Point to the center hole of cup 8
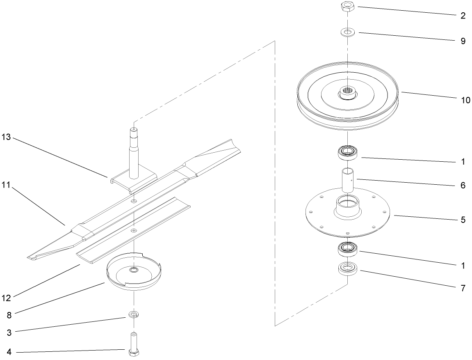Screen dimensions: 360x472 pyautogui.click(x=134, y=270)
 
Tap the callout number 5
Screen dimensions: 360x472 pyautogui.click(x=463, y=220)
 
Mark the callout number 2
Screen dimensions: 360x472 pyautogui.click(x=463, y=17)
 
